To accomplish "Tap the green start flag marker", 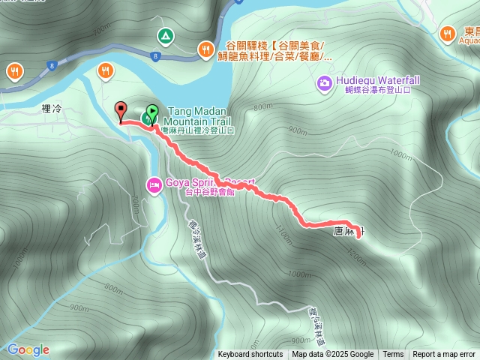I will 151,113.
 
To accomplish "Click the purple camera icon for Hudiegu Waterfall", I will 324,82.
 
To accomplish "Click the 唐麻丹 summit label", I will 345,233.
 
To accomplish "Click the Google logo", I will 28,349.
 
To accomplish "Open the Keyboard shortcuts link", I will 250,355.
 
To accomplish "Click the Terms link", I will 393,355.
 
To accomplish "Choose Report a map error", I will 444,355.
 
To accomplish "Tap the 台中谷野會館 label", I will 212,191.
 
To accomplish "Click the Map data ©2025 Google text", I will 333,355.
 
